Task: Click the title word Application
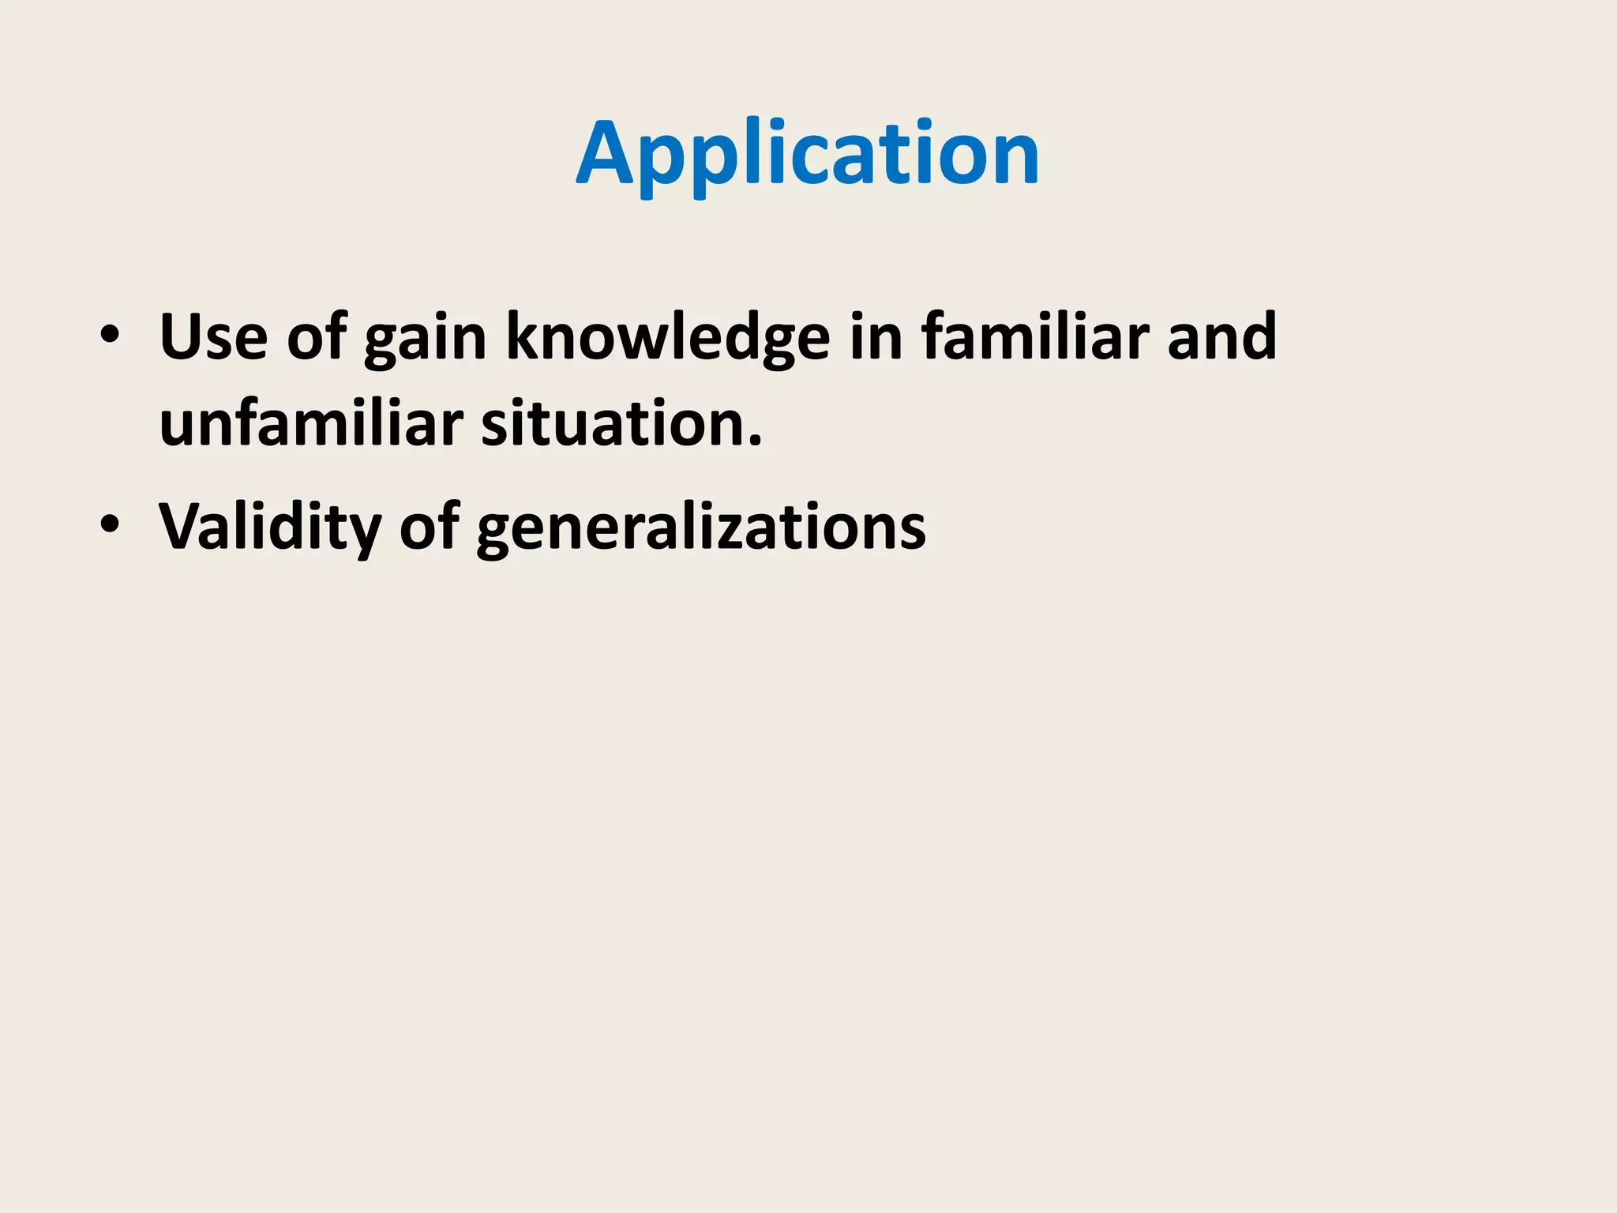pyautogui.click(x=807, y=153)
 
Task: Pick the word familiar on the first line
pyautogui.click(x=1034, y=337)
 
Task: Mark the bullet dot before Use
pyautogui.click(x=110, y=335)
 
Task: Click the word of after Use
pyautogui.click(x=317, y=337)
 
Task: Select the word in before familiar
pyautogui.click(x=876, y=337)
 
